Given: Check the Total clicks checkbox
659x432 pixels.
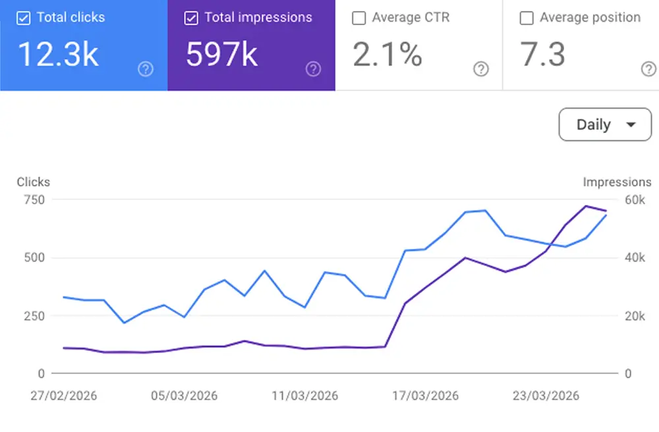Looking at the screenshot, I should coord(24,18).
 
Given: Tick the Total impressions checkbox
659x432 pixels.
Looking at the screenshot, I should coord(191,18).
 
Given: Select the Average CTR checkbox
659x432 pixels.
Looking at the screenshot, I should coord(358,18).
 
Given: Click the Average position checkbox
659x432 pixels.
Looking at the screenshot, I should coord(527,18).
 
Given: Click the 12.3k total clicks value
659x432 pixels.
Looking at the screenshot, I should coord(58,54).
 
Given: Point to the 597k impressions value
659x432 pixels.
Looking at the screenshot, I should coord(221,54).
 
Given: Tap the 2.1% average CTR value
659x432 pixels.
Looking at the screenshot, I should coord(387,54).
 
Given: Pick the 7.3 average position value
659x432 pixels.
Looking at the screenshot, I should coord(543,54).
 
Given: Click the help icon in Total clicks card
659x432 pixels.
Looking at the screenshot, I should coord(146,69).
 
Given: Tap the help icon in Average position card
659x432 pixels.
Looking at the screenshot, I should coord(648,69).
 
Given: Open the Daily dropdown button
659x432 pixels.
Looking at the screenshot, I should coord(604,124).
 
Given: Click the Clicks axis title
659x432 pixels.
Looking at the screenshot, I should coord(33,182).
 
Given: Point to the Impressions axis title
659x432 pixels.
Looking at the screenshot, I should coord(617,182).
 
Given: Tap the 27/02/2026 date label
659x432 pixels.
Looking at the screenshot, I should coord(64,396).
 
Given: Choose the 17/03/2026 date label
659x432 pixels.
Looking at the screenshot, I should coord(425,396).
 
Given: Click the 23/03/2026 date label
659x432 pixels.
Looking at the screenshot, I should coord(546,396).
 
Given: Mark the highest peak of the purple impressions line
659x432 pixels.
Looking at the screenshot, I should coord(586,206).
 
